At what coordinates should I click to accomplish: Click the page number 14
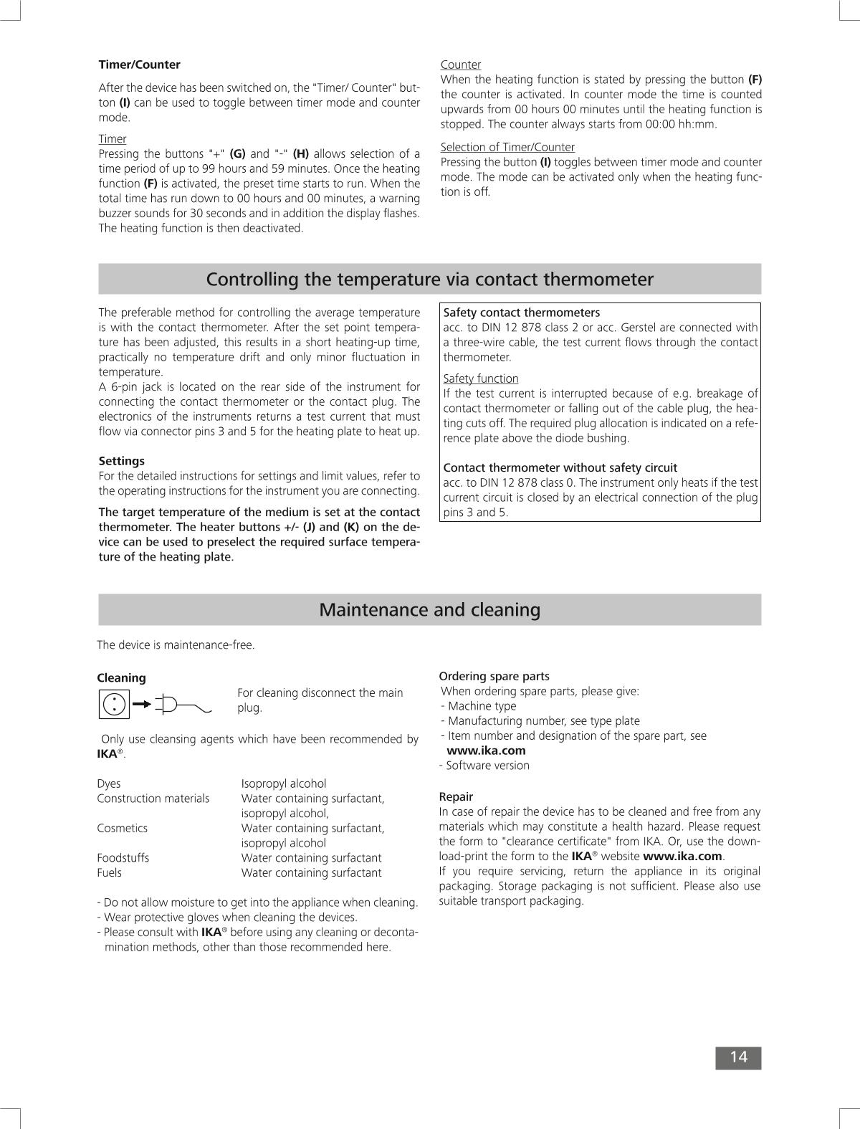(x=738, y=1057)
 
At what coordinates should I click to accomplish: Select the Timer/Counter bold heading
(x=139, y=65)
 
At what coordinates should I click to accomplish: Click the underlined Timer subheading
(x=113, y=139)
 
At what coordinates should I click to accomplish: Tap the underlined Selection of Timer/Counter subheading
(x=507, y=147)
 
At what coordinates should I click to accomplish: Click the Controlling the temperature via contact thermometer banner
(x=429, y=279)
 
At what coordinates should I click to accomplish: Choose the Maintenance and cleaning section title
(x=429, y=610)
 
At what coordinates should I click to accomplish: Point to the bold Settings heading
(x=121, y=461)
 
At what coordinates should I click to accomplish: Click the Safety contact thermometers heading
(x=521, y=313)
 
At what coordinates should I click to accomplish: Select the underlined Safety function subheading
(x=481, y=378)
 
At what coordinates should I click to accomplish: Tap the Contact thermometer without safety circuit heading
(x=560, y=467)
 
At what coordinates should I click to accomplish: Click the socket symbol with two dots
(x=114, y=704)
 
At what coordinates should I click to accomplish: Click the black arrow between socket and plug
(x=142, y=704)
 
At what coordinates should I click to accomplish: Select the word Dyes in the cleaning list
(x=109, y=783)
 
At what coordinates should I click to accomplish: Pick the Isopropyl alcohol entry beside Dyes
(x=283, y=783)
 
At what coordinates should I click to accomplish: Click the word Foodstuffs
(x=123, y=858)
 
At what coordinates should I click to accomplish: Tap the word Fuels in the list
(x=110, y=873)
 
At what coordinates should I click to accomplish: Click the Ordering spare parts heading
(x=494, y=676)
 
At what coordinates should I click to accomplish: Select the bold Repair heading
(x=456, y=796)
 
